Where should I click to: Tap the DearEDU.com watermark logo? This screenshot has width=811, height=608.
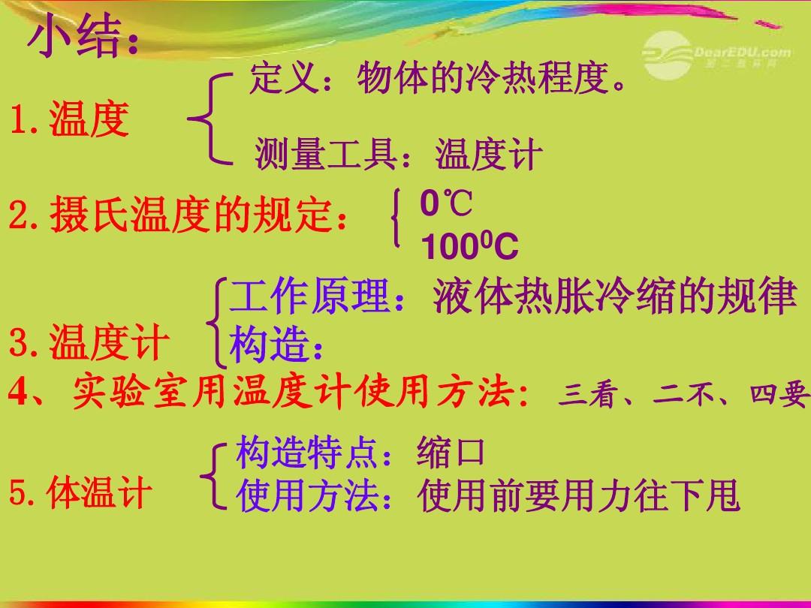[716, 55]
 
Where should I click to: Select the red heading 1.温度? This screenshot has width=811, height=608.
[69, 119]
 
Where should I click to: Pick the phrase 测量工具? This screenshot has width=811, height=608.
[327, 154]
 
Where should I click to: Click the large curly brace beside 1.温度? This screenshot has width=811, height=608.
[210, 119]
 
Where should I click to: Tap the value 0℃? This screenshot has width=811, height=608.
[446, 203]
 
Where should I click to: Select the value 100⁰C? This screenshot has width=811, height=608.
[469, 245]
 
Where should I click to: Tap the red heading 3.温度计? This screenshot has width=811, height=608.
[89, 342]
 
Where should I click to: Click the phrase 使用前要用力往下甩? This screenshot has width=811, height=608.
[579, 495]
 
